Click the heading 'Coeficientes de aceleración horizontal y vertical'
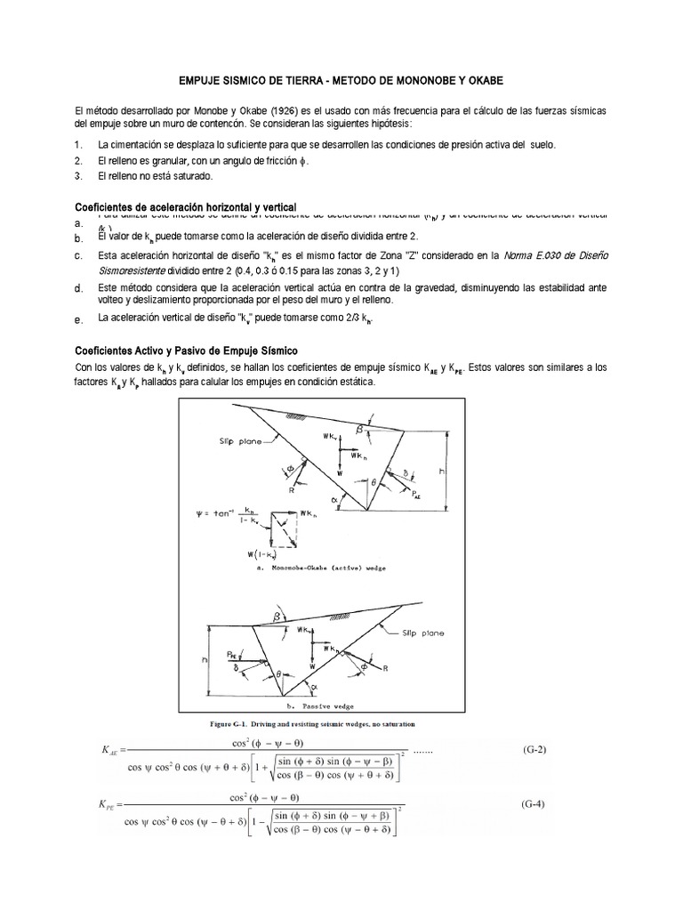[x=184, y=206]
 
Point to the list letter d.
[x=78, y=290]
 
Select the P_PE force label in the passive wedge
[x=232, y=651]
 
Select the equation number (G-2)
[x=534, y=749]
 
